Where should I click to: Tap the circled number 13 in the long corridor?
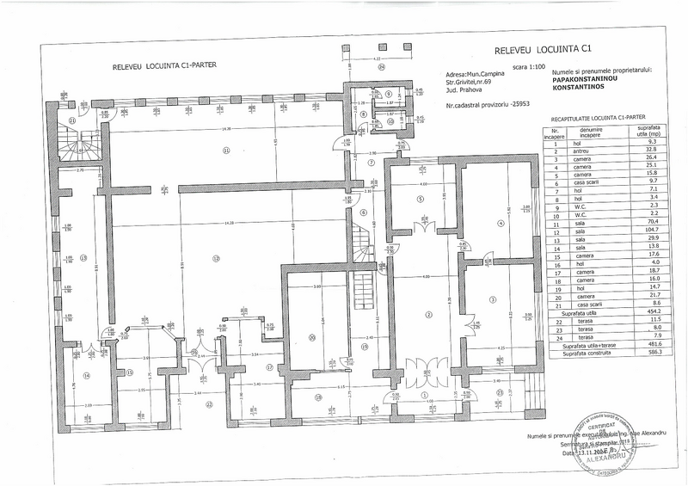83,258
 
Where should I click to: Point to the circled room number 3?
493,299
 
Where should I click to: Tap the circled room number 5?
421,200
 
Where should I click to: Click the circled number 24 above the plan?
381,65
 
